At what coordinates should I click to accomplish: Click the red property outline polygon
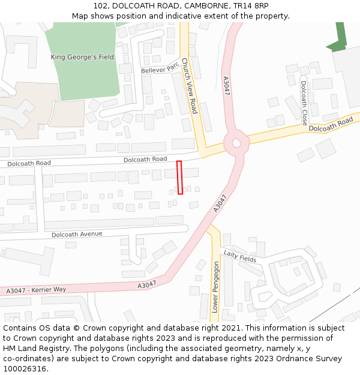(x=180, y=178)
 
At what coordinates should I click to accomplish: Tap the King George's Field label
(x=82, y=58)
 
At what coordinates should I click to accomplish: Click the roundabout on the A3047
(x=236, y=143)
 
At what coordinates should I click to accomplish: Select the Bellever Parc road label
(x=160, y=69)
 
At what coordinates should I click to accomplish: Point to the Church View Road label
(x=190, y=86)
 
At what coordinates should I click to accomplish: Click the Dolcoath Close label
(x=304, y=98)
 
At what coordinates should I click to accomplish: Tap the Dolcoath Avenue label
(x=77, y=234)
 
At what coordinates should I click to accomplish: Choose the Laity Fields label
(x=240, y=256)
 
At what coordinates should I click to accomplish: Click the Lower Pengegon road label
(x=216, y=287)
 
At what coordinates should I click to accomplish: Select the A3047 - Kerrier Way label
(x=36, y=289)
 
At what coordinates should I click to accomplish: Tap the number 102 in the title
(x=100, y=6)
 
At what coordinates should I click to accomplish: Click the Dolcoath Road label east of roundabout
(x=331, y=125)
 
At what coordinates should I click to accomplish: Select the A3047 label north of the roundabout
(x=226, y=85)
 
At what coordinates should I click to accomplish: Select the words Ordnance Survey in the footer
(x=310, y=359)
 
